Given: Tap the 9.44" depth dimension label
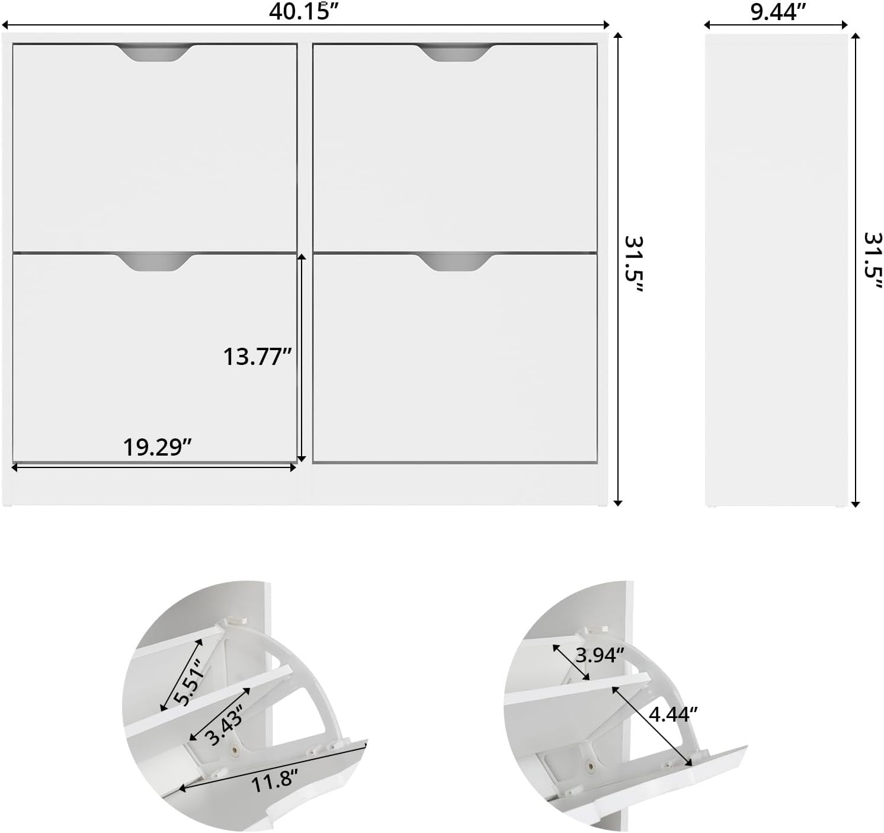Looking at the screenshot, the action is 779,12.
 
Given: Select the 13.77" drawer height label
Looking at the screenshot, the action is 257,357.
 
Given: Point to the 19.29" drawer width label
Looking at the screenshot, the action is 157,447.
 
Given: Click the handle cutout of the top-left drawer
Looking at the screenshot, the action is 155,53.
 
